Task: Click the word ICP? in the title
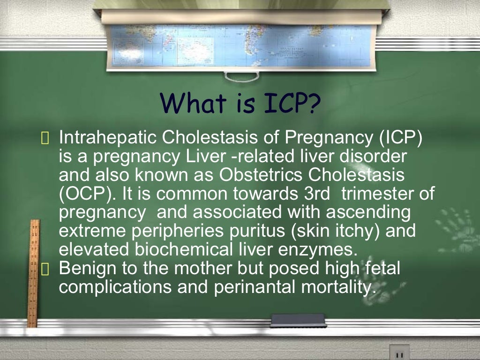(x=288, y=104)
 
